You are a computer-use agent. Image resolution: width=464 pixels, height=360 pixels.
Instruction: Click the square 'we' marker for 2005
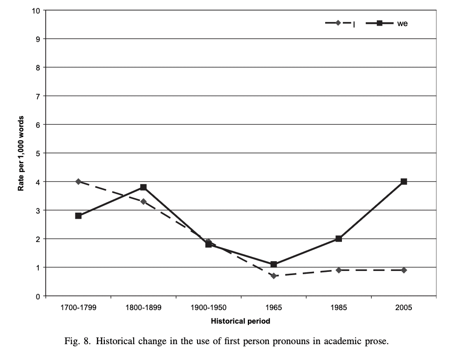[404, 181]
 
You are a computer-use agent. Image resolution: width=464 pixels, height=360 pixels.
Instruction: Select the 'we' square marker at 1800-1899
[143, 187]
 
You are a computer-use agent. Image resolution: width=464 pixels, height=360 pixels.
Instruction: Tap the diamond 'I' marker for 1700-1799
[78, 181]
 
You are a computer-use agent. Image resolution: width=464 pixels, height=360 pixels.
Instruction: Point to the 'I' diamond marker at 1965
[273, 276]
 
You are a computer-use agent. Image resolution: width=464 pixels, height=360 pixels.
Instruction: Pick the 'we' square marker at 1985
[339, 239]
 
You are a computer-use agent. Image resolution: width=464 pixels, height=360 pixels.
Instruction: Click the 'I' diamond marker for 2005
[404, 270]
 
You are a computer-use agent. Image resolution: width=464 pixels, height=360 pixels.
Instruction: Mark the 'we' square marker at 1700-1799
[78, 216]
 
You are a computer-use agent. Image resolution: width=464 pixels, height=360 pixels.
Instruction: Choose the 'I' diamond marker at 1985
[339, 270]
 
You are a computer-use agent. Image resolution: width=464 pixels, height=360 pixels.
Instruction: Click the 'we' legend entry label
[402, 23]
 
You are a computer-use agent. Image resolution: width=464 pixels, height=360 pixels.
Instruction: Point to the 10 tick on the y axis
[37, 10]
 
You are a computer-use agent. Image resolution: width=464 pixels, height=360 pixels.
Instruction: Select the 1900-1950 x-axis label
[208, 308]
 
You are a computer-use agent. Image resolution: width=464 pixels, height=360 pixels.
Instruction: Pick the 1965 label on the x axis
[273, 308]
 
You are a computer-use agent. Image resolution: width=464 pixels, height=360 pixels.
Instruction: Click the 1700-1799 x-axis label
[78, 308]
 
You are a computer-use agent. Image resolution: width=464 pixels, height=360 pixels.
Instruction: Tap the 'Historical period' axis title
[240, 321]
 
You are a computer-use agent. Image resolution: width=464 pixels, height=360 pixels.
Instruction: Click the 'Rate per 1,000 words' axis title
[21, 153]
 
